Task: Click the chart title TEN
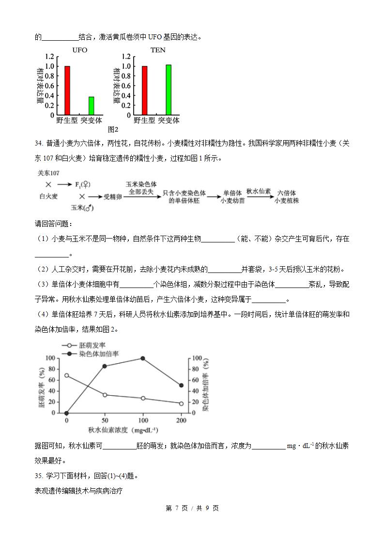pos(158,50)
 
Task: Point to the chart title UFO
pos(80,50)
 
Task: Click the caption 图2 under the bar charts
pos(113,129)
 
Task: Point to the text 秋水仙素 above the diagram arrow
pos(258,192)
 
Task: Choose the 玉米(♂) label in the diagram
pos(82,208)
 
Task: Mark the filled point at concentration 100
pos(143,358)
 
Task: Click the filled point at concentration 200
pos(181,385)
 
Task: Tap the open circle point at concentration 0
pos(66,375)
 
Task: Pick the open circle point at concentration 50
pos(105,395)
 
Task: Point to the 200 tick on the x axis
pos(181,420)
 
